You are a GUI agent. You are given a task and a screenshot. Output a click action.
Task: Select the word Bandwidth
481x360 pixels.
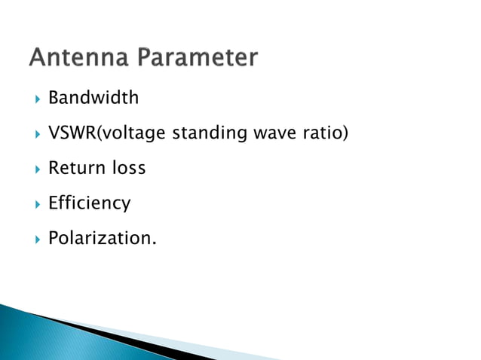click(x=93, y=98)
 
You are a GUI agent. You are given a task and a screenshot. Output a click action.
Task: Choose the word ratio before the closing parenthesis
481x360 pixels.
click(x=323, y=133)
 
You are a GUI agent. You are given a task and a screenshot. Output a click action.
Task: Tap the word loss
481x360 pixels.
click(x=129, y=168)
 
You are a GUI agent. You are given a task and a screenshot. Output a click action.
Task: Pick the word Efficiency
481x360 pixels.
click(x=89, y=203)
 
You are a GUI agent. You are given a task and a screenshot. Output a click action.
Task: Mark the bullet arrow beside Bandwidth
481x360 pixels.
click(x=35, y=99)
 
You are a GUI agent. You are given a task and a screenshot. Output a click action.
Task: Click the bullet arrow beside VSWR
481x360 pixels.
click(x=35, y=134)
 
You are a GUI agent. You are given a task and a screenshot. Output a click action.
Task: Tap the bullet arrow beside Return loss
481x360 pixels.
click(x=35, y=169)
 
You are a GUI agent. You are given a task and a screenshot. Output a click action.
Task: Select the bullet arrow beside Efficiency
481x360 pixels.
click(x=35, y=203)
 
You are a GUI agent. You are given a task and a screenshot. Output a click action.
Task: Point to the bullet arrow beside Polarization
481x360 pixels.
click(x=35, y=239)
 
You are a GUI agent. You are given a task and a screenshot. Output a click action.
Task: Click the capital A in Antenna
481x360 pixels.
click(x=39, y=58)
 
